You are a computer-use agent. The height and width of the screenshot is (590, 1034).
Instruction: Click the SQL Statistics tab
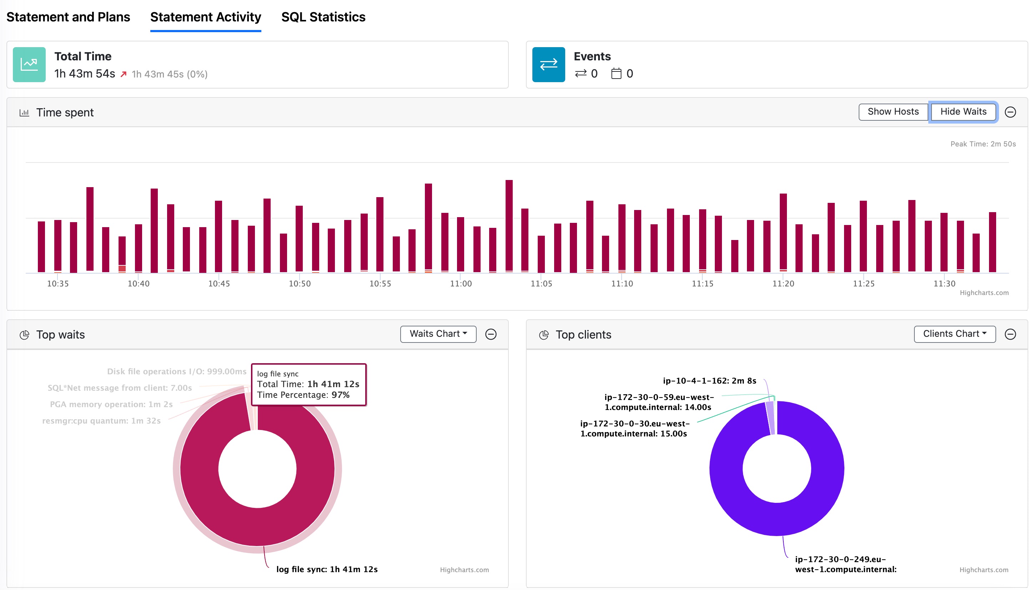click(x=323, y=17)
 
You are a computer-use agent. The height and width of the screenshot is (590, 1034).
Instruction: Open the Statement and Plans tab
click(x=68, y=17)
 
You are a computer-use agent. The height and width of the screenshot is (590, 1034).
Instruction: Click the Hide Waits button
click(x=963, y=112)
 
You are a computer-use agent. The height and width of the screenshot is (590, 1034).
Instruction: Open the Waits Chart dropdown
click(x=438, y=334)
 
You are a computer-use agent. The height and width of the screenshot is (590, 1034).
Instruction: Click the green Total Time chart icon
click(x=29, y=64)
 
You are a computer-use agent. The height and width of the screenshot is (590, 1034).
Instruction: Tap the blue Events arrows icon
click(x=548, y=64)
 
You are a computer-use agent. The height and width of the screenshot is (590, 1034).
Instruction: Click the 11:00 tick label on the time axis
click(x=461, y=284)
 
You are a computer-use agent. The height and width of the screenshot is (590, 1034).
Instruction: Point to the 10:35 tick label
click(x=58, y=284)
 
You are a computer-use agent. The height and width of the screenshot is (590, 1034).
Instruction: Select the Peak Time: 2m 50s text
click(x=983, y=144)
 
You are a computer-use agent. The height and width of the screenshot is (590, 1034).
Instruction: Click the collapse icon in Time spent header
click(x=1010, y=112)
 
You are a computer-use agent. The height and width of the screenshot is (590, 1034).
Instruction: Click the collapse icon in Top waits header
click(x=491, y=334)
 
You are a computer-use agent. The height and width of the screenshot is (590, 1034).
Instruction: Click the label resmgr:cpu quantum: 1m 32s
click(x=101, y=421)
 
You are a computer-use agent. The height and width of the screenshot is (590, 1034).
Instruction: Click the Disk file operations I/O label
click(x=177, y=371)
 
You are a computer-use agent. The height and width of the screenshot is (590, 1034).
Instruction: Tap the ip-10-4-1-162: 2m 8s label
click(x=709, y=380)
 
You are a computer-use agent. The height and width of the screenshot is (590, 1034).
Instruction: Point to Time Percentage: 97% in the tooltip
click(x=303, y=395)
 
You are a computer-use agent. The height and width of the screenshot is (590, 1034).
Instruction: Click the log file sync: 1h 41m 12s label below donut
click(x=326, y=569)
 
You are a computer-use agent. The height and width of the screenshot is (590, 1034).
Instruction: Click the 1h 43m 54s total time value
click(x=85, y=74)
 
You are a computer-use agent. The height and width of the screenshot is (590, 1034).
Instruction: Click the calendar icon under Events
click(x=616, y=74)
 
